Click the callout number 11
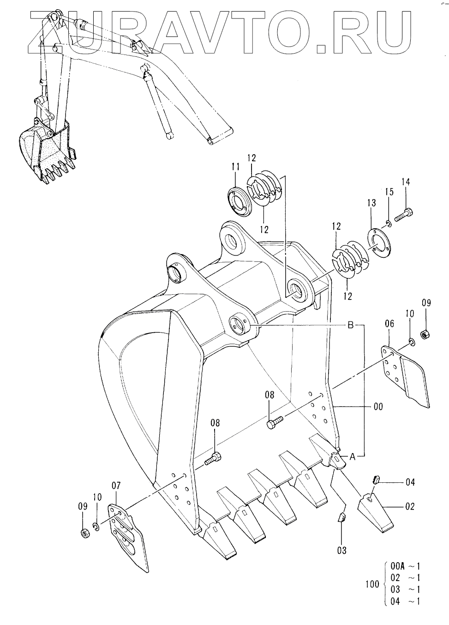click(x=235, y=167)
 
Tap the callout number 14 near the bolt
click(x=406, y=182)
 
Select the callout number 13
click(x=372, y=203)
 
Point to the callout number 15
click(x=389, y=192)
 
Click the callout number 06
click(x=389, y=324)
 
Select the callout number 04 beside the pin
click(x=410, y=482)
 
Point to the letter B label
click(x=351, y=325)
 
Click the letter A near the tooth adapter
click(x=353, y=457)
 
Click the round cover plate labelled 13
click(x=379, y=241)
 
